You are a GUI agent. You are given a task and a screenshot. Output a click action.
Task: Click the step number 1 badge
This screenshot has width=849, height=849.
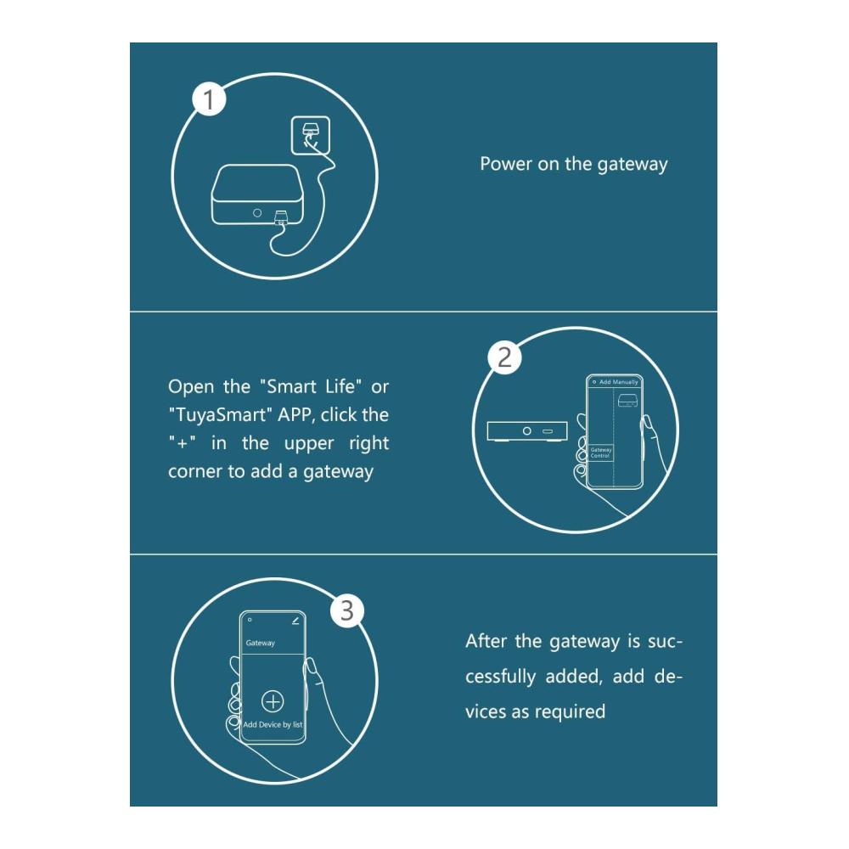(x=209, y=99)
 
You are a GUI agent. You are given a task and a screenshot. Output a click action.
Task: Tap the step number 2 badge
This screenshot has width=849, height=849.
(x=504, y=357)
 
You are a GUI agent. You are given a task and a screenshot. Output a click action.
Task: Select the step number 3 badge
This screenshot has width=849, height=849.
(x=347, y=610)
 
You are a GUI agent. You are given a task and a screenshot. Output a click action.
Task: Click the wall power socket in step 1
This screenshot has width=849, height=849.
(x=310, y=135)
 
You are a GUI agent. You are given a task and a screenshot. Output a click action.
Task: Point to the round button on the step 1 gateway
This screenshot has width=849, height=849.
(x=257, y=213)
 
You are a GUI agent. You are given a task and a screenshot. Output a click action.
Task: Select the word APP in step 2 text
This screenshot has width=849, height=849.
(x=296, y=415)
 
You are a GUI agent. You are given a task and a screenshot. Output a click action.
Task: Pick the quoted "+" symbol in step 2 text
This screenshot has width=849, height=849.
(x=182, y=442)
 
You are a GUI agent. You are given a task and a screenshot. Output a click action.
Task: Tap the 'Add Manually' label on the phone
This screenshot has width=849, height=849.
(x=619, y=382)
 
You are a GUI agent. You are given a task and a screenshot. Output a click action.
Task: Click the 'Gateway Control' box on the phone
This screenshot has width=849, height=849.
(x=601, y=453)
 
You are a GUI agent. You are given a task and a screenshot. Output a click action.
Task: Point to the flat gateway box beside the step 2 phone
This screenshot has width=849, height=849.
(x=527, y=431)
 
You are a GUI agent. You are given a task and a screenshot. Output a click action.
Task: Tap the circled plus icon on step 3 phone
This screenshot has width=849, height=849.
(x=273, y=701)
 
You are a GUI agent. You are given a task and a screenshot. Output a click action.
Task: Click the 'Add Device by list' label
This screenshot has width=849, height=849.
(x=273, y=724)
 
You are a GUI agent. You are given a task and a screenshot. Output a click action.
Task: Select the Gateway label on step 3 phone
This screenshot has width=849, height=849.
(x=261, y=643)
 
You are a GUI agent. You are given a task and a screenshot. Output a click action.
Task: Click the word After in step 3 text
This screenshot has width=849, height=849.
(x=486, y=641)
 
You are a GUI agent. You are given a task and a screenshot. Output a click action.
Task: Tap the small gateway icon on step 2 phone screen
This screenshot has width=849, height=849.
(x=627, y=401)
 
